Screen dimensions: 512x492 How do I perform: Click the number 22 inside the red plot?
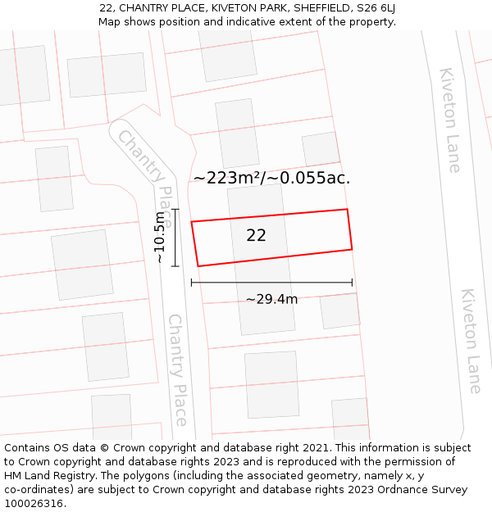tap(256, 235)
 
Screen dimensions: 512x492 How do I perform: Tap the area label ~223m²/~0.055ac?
tap(271, 178)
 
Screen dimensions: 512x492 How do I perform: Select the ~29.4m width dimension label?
tap(271, 299)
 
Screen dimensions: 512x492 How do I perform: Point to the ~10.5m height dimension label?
tap(160, 237)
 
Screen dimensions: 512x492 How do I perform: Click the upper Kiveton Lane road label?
tap(450, 120)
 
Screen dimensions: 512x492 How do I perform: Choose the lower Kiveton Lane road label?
tap(471, 341)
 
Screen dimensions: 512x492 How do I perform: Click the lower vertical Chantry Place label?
tap(178, 369)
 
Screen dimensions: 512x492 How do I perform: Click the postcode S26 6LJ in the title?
tap(371, 8)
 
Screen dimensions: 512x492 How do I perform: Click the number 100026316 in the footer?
tap(34, 503)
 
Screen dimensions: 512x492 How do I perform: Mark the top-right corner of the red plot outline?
tap(347, 210)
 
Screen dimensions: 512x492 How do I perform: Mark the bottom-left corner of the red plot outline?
tap(198, 265)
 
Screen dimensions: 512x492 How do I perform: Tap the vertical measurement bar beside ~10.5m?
tap(175, 237)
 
